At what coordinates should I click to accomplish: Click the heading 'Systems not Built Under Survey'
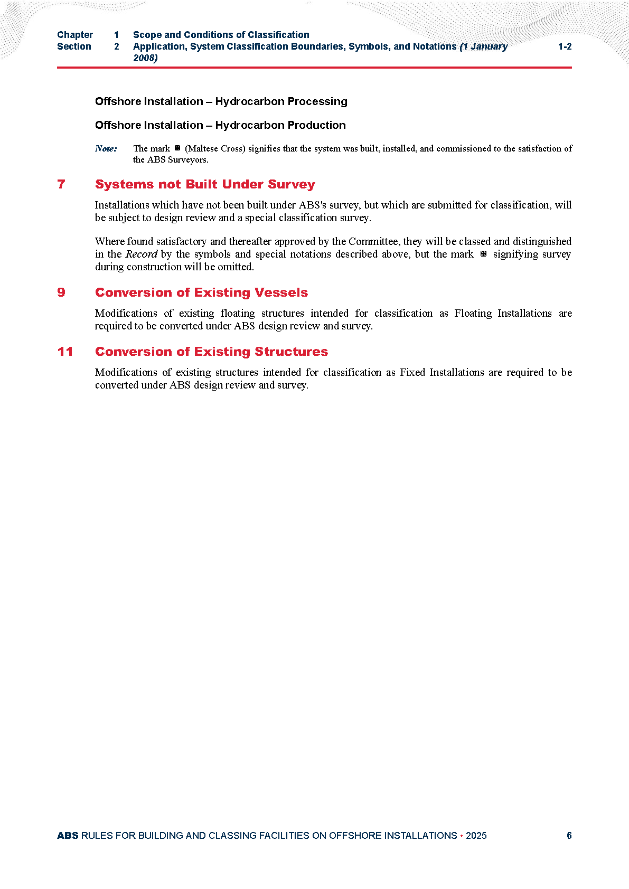(205, 184)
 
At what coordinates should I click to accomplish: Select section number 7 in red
(61, 184)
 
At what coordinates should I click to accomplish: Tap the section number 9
(61, 292)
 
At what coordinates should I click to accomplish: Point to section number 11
(65, 352)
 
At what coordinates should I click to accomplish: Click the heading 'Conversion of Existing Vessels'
(201, 292)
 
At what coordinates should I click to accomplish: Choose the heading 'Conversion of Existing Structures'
(211, 352)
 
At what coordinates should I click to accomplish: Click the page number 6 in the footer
(569, 836)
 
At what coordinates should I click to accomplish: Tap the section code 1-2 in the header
(565, 46)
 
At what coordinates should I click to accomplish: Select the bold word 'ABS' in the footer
(68, 836)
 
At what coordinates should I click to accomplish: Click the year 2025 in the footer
(476, 836)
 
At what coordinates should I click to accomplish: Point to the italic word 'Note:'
(106, 149)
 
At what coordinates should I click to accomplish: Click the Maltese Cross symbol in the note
(177, 148)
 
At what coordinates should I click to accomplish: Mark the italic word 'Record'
(141, 254)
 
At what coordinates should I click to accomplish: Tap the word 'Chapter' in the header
(75, 35)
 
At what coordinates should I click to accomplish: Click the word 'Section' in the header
(74, 46)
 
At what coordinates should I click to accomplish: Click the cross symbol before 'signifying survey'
(483, 254)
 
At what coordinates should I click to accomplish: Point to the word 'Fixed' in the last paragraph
(412, 373)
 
